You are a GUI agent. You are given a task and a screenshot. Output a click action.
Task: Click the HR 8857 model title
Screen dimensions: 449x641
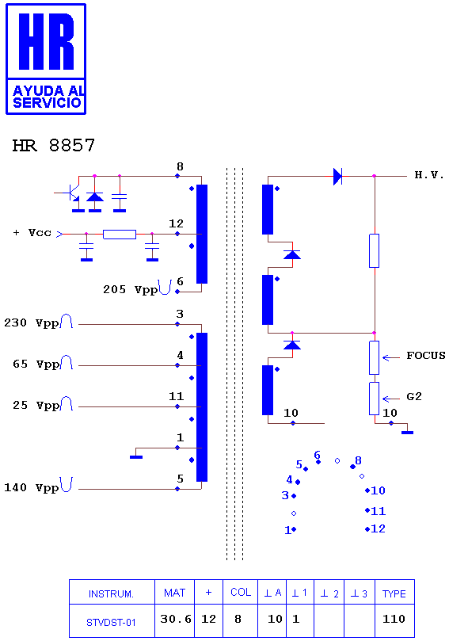click(x=54, y=146)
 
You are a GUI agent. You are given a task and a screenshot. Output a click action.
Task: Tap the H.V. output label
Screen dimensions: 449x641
click(x=429, y=175)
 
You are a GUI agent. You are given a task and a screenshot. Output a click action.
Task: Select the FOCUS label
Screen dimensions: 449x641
click(x=426, y=356)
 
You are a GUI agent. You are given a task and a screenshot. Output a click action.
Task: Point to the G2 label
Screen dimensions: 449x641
click(x=414, y=396)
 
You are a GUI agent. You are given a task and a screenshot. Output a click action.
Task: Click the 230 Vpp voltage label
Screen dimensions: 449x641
click(x=32, y=323)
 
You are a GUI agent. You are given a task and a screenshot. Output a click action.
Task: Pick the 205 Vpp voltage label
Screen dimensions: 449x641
click(x=131, y=290)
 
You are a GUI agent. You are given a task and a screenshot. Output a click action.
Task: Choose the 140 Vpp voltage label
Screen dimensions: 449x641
click(x=32, y=488)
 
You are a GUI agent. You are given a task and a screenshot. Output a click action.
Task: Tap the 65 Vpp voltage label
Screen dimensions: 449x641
click(x=36, y=364)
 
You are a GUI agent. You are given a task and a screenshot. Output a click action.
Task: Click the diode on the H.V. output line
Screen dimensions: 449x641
click(x=337, y=177)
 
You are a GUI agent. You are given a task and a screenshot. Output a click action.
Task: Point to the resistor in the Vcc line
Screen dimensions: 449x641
click(x=120, y=235)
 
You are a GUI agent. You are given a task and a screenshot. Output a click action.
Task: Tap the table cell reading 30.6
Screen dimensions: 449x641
click(x=176, y=619)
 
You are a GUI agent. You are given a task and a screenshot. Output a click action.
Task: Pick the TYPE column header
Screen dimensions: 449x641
click(x=394, y=594)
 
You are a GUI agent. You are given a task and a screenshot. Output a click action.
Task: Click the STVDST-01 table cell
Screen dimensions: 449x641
click(x=111, y=623)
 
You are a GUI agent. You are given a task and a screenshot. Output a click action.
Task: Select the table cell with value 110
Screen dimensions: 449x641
click(x=394, y=619)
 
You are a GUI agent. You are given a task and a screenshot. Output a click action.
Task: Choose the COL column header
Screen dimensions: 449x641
click(x=241, y=593)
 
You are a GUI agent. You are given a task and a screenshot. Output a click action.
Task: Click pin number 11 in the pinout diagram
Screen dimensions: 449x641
click(x=379, y=511)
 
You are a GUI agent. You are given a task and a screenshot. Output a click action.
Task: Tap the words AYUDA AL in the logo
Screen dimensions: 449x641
click(x=48, y=90)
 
